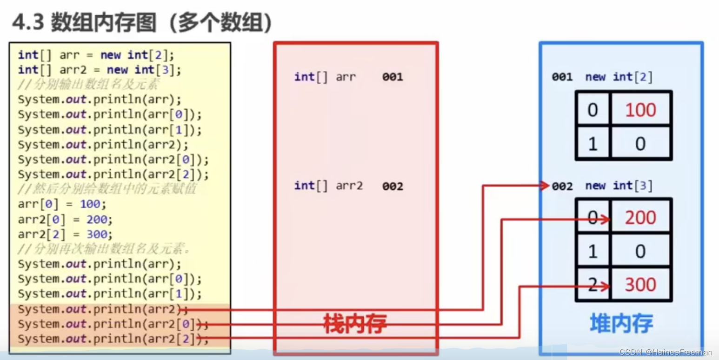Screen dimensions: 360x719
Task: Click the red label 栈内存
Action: pos(355,324)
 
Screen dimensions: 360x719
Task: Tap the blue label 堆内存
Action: pos(621,323)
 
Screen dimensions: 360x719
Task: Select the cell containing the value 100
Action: pos(640,110)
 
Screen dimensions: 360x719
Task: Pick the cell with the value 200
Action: pos(640,218)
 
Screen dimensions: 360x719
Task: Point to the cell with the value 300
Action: pos(640,285)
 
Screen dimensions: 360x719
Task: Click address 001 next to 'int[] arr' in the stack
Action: pos(392,77)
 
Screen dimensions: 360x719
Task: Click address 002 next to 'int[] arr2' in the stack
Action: pos(392,186)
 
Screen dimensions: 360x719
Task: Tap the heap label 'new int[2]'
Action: pos(619,77)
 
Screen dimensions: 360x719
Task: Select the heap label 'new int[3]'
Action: pos(619,186)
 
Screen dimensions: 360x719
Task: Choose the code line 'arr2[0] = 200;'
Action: pos(65,219)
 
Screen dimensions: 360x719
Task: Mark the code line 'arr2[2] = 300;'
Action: pos(65,234)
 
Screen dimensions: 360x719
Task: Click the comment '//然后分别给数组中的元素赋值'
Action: pos(107,189)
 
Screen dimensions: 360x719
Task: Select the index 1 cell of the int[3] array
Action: pos(593,251)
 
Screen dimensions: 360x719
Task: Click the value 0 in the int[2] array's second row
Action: pos(640,144)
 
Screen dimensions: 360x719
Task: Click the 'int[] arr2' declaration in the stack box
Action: pos(328,186)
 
